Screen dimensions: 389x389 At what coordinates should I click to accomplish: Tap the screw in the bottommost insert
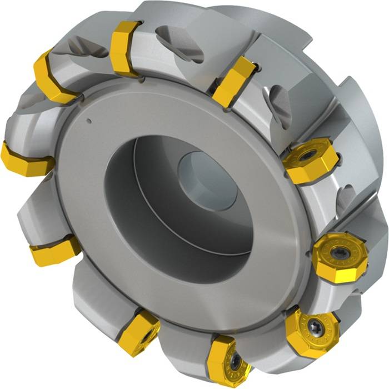click(x=236, y=361)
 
